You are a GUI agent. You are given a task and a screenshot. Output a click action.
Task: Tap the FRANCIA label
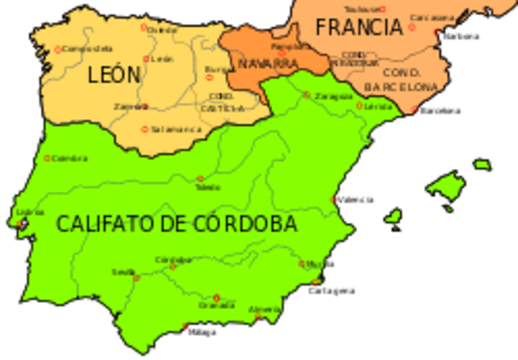click(359, 27)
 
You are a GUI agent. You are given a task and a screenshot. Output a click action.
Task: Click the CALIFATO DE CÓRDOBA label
click(176, 224)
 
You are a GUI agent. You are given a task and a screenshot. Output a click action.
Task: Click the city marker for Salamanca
click(145, 129)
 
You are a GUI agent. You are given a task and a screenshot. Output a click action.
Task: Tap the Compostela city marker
click(57, 49)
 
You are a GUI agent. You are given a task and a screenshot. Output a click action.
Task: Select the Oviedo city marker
click(145, 28)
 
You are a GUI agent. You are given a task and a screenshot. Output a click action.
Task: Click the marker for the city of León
click(146, 58)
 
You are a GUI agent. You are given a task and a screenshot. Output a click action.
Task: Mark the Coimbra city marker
click(47, 158)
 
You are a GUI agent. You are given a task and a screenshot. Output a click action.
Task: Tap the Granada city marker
click(215, 297)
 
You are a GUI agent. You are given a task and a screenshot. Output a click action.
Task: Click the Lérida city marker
click(359, 105)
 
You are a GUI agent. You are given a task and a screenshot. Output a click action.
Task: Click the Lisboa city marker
click(21, 224)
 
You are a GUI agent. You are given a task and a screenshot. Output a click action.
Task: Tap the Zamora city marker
click(145, 105)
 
